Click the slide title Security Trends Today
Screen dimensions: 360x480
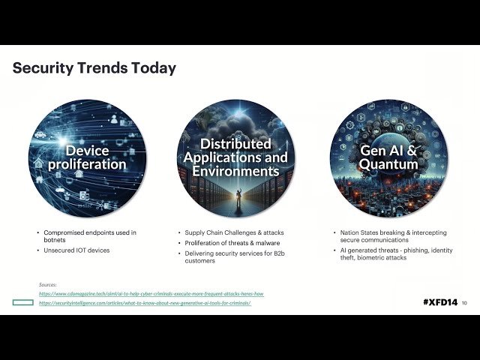(94, 68)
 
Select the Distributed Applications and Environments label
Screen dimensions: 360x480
(235, 157)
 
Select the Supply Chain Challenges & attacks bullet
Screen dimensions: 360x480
(234, 232)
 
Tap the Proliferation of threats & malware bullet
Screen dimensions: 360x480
(233, 243)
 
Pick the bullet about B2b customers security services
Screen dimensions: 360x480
(238, 257)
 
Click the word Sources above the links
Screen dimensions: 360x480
(48, 284)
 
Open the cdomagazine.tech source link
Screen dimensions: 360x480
(151, 293)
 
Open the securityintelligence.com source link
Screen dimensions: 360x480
(144, 302)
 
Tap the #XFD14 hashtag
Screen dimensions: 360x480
(439, 301)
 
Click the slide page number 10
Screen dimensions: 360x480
(464, 302)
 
